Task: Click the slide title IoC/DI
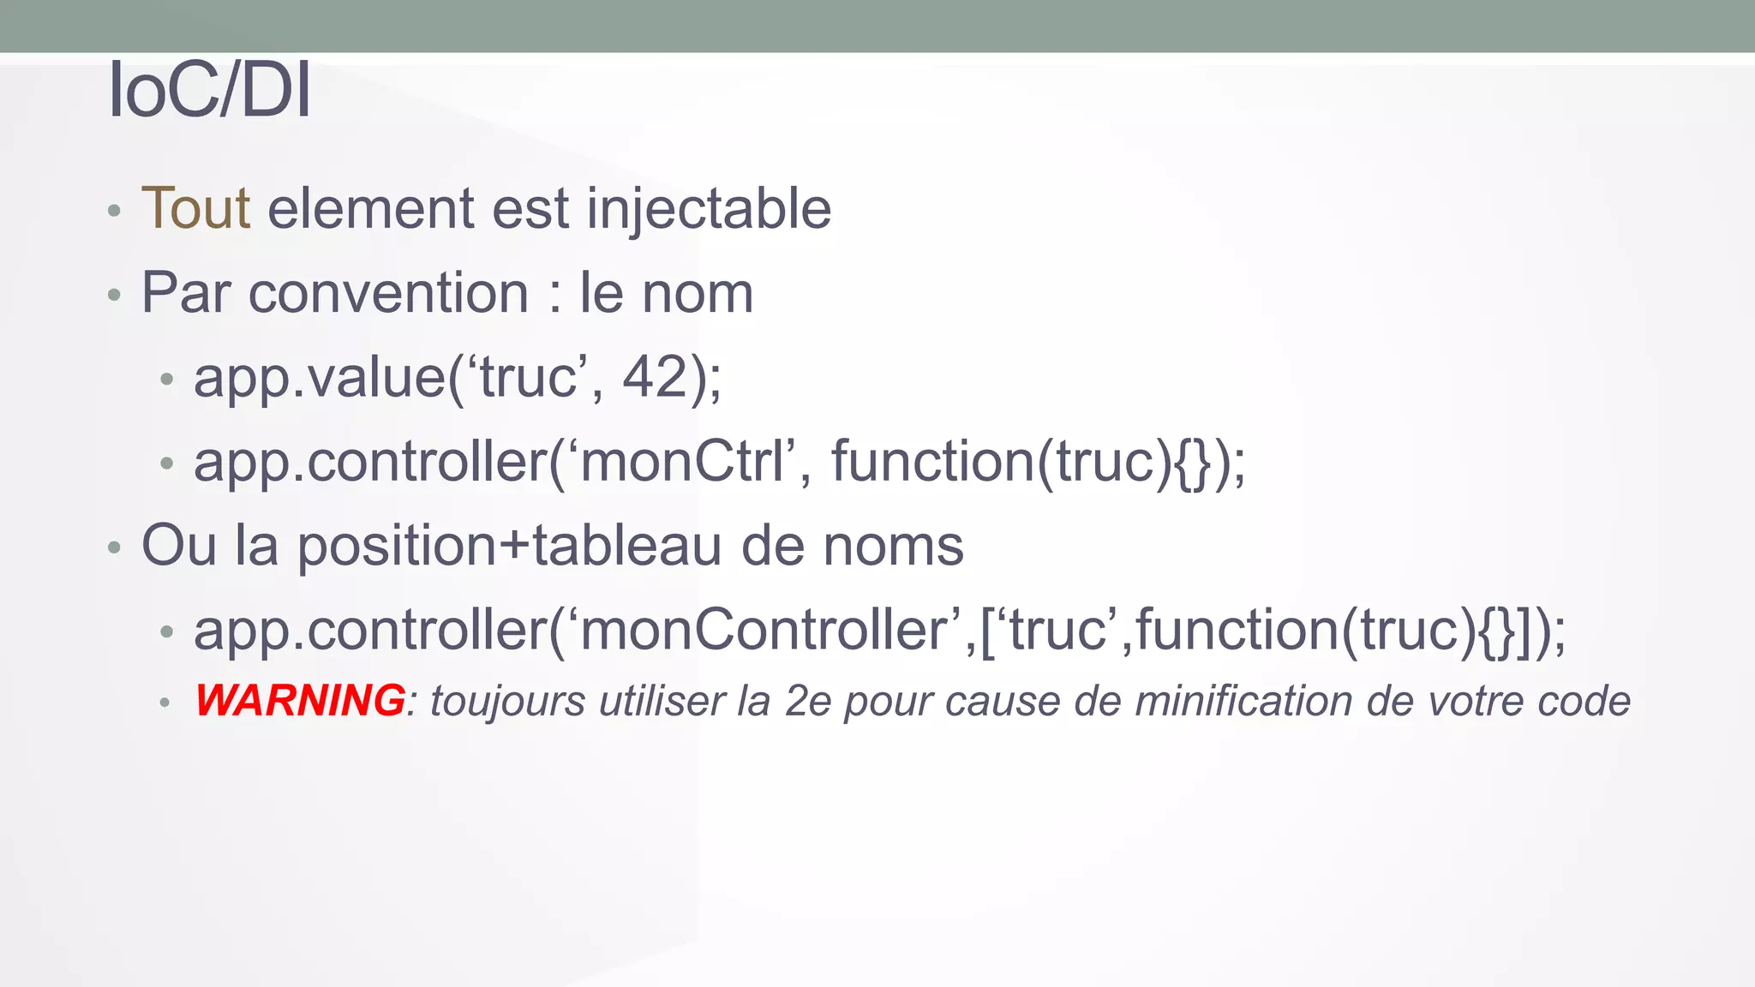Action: click(x=209, y=90)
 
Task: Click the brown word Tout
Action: click(x=195, y=208)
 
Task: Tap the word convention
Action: click(x=388, y=293)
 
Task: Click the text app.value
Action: click(x=319, y=378)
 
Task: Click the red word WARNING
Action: click(x=300, y=700)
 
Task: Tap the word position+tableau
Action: click(x=509, y=546)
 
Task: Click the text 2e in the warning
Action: click(x=808, y=701)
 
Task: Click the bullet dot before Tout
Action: click(x=114, y=211)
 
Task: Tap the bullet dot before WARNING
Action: click(x=165, y=703)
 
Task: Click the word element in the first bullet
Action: click(x=370, y=208)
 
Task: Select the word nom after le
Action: click(x=698, y=293)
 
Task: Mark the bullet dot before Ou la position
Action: click(x=114, y=547)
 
